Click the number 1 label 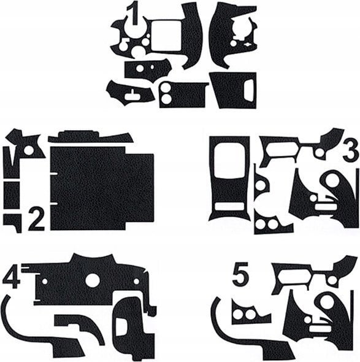(133, 13)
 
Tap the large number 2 (36, 219)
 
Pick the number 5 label (240, 273)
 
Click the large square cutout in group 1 (166, 36)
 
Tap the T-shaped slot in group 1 (132, 94)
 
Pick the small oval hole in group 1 (152, 66)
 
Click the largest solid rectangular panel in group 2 (102, 188)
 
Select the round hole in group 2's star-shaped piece (29, 150)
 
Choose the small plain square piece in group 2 (12, 195)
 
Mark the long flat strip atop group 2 (91, 137)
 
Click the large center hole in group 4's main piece (93, 280)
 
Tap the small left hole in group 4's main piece (45, 282)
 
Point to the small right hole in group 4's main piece (136, 282)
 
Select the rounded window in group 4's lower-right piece (121, 326)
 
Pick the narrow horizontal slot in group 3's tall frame (229, 207)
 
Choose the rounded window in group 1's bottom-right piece (249, 90)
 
